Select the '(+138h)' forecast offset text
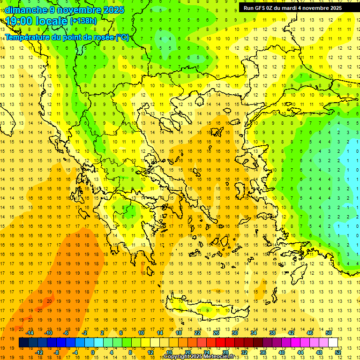point(83,21)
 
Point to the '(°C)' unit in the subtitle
point(122,37)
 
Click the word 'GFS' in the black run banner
point(261,8)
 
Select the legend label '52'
point(338,352)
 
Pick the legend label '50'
point(328,333)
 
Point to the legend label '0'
point(92,352)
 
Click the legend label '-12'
point(39,352)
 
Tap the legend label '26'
point(216,333)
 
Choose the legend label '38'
point(272,333)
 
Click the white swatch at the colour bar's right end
point(333,343)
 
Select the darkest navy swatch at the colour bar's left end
point(23,343)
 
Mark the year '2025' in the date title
point(113,10)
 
